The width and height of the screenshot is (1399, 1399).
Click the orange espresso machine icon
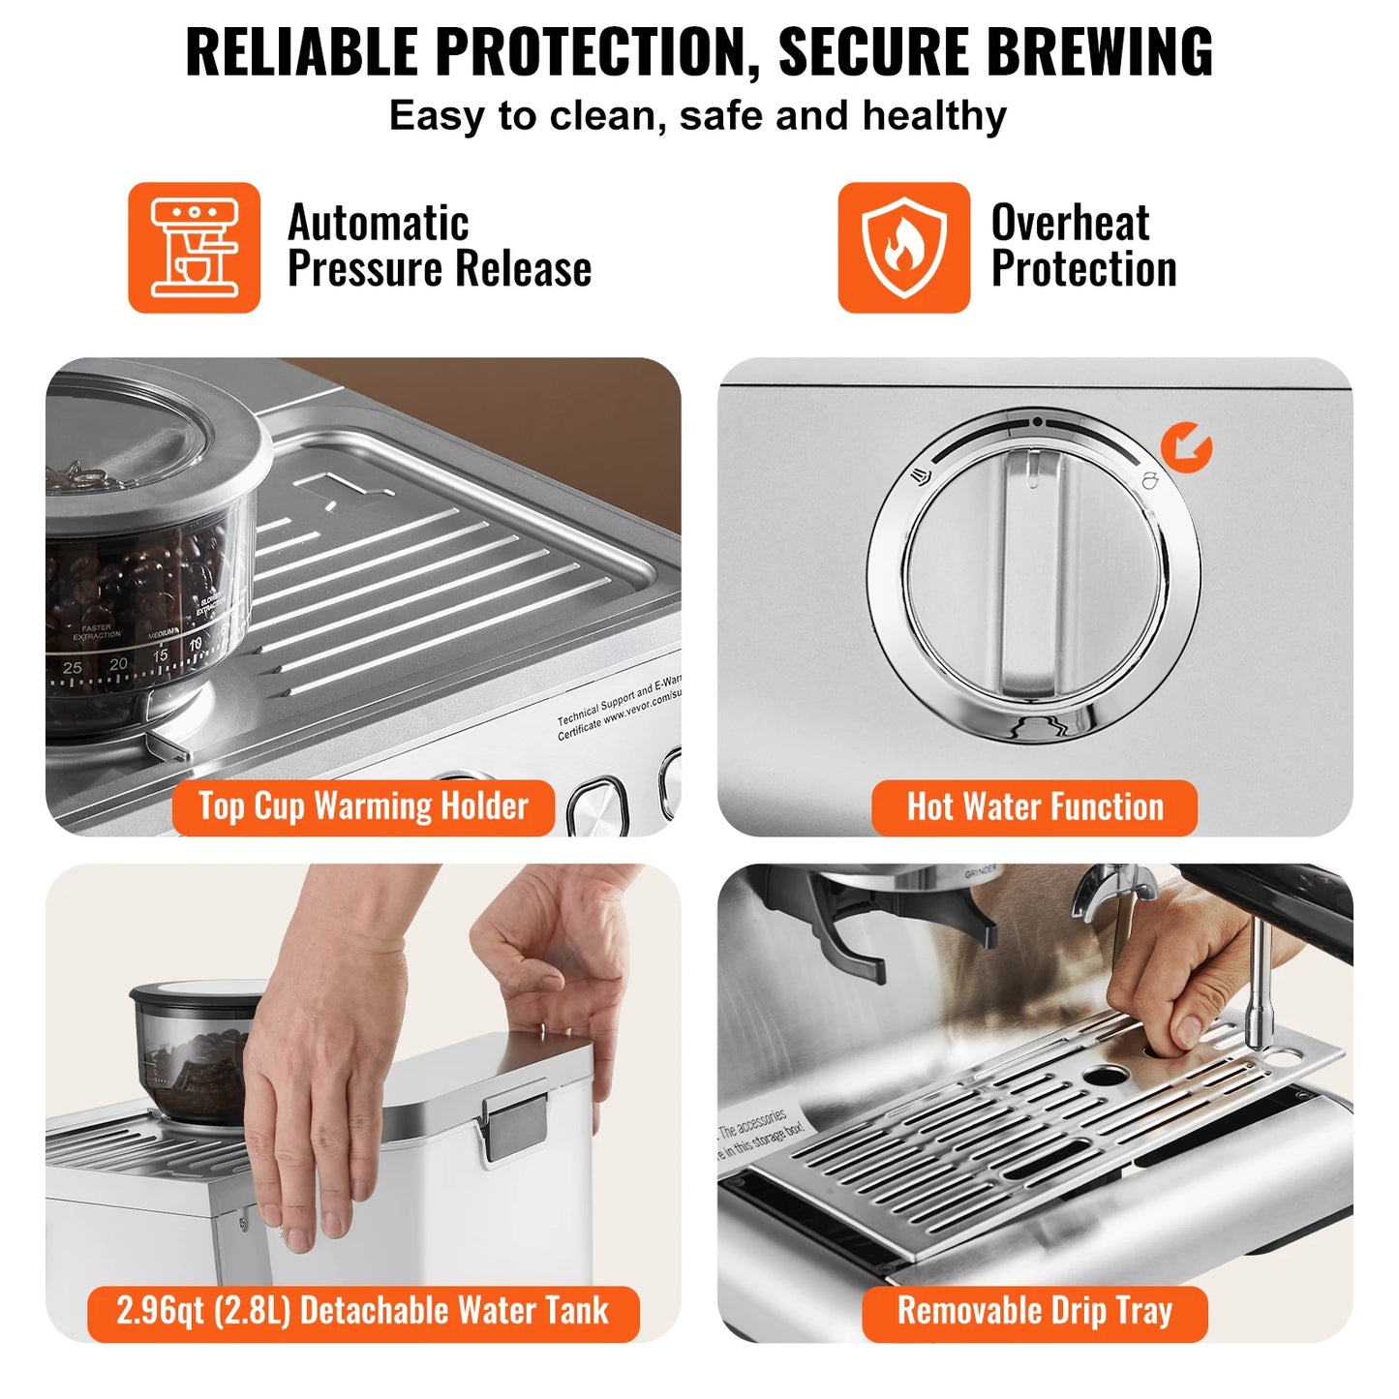pyautogui.click(x=194, y=248)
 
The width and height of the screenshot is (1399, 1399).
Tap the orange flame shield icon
pyautogui.click(x=903, y=248)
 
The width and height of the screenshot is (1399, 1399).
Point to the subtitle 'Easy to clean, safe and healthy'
pyautogui.click(x=697, y=116)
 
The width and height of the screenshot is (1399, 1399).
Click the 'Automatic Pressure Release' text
pyautogui.click(x=439, y=246)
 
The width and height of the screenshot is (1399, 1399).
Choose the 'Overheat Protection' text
pyautogui.click(x=1082, y=246)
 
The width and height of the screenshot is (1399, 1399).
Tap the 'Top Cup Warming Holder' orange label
pyautogui.click(x=363, y=806)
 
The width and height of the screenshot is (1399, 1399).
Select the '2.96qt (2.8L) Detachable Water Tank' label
pyautogui.click(x=363, y=1312)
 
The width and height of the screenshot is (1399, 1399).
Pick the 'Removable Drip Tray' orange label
pyautogui.click(x=1034, y=1312)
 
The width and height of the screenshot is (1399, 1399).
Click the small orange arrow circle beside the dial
pyautogui.click(x=1186, y=447)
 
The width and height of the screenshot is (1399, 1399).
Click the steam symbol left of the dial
pyautogui.click(x=921, y=475)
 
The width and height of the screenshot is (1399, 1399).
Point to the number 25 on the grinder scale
pyautogui.click(x=72, y=668)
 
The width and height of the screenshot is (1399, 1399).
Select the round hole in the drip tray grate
pyautogui.click(x=1104, y=1076)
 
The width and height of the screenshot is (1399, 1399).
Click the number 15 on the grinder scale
pyautogui.click(x=160, y=655)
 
